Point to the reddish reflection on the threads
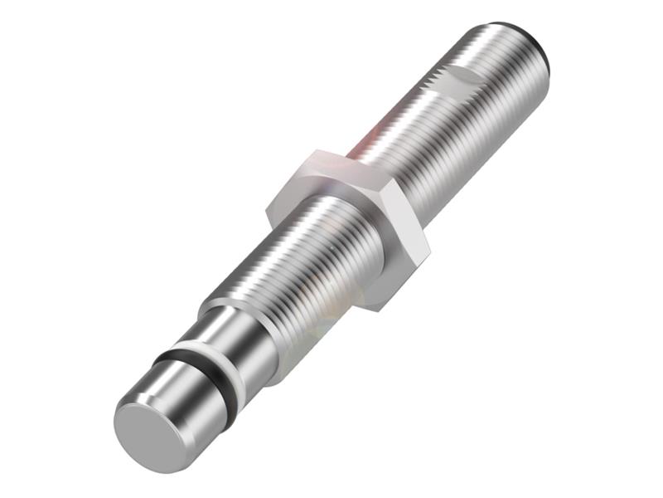coord(369,141)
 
